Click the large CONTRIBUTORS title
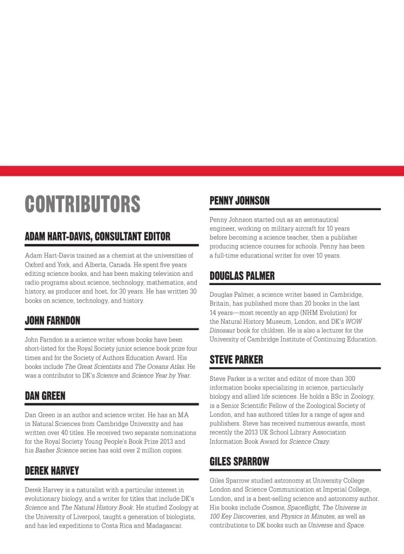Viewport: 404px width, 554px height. (x=83, y=204)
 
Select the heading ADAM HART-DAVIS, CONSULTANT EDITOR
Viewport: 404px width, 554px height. (x=98, y=236)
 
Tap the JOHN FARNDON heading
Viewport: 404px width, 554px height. (x=53, y=320)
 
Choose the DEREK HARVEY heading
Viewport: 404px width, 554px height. (x=52, y=470)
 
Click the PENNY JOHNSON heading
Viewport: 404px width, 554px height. (x=240, y=200)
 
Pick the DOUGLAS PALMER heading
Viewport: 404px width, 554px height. (x=242, y=275)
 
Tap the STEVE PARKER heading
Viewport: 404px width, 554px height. (x=236, y=360)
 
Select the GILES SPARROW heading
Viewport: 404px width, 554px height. (x=240, y=461)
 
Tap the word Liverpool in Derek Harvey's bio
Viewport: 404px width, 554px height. (x=96, y=517)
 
